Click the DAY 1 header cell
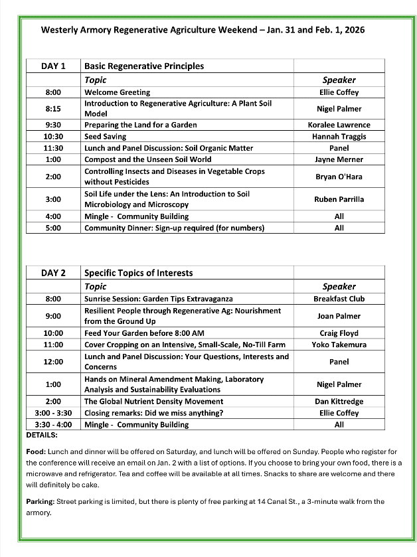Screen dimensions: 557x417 [x=53, y=66]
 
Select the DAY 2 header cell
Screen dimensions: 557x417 [x=53, y=272]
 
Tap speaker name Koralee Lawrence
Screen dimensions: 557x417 [x=339, y=125]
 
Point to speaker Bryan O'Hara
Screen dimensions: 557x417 [x=339, y=177]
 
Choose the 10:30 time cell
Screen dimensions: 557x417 [x=53, y=136]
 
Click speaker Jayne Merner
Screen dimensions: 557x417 [x=339, y=159]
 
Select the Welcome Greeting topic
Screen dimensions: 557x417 [x=117, y=92]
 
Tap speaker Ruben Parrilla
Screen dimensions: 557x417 [x=339, y=199]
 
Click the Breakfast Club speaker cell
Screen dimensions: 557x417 [x=339, y=299]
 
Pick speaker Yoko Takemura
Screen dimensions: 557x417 [x=339, y=345]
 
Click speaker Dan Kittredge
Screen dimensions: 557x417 [x=339, y=401]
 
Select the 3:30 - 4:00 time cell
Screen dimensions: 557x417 [x=53, y=424]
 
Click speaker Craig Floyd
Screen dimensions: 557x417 [x=339, y=333]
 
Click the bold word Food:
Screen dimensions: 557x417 [x=36, y=450]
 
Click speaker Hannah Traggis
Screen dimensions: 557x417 [x=339, y=136]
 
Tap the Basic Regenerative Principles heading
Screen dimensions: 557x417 [x=144, y=66]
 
